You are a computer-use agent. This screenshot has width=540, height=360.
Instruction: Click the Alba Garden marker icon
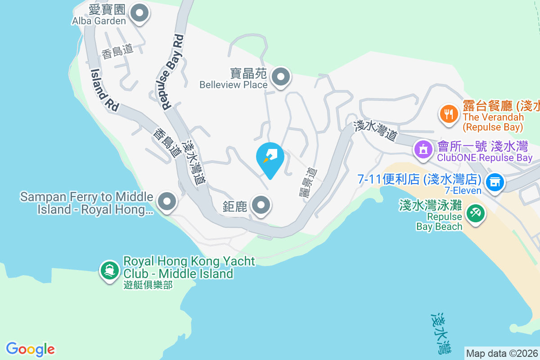tap(139, 13)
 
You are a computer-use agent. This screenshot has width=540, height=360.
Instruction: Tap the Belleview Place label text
tap(233, 84)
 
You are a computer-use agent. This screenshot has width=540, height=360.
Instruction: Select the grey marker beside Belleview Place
tap(281, 77)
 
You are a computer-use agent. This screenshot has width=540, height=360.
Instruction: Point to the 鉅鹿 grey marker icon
tap(261, 206)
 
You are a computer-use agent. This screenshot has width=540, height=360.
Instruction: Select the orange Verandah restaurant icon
tap(448, 113)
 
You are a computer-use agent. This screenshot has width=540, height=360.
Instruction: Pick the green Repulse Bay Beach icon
tap(475, 212)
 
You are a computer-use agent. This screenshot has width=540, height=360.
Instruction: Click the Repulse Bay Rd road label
tap(173, 72)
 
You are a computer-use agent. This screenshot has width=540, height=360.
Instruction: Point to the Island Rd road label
tap(104, 90)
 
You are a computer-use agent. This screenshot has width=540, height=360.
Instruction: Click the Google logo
tap(30, 349)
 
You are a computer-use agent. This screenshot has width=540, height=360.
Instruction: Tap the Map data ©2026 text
tap(502, 353)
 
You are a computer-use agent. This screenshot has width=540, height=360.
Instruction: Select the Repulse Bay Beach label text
tap(439, 221)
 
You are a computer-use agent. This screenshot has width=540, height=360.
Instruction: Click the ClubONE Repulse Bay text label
tap(485, 158)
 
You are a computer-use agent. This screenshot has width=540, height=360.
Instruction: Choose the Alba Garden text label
tap(99, 21)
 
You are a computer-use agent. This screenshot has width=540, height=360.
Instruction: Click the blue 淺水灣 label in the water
tap(439, 333)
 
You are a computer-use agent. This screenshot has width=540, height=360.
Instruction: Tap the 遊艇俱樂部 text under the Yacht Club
tap(148, 284)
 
